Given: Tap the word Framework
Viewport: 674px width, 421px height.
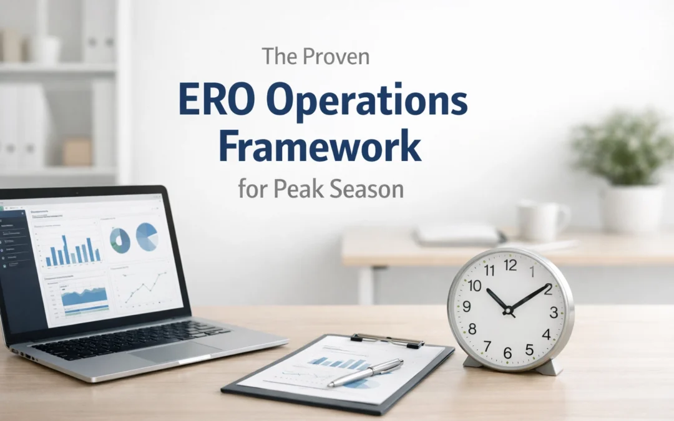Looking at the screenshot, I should tap(321, 147).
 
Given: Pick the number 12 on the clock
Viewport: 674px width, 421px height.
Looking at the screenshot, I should tap(510, 266).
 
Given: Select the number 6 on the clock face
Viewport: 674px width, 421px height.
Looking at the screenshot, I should tap(507, 352).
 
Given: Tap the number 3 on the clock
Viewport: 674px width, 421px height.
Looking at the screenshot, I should tap(554, 312).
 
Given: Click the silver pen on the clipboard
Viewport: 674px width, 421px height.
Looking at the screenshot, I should tap(365, 372).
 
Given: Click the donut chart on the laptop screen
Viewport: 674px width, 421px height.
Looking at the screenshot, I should tap(120, 240).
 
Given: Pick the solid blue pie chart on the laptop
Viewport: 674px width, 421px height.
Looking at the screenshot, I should tap(147, 236).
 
